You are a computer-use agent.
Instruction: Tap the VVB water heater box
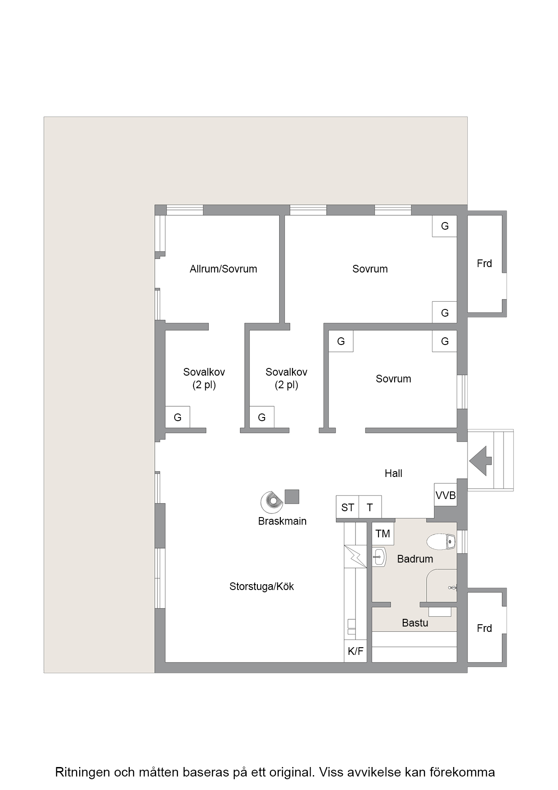[445, 495]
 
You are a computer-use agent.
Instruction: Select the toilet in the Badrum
[441, 542]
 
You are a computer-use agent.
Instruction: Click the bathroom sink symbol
[379, 557]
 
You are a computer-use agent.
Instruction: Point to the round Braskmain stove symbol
[272, 501]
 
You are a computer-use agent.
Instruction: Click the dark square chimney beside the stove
[292, 496]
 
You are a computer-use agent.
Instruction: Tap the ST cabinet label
[347, 508]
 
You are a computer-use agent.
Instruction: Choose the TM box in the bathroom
[383, 534]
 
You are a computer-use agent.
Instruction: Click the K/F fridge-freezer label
[355, 651]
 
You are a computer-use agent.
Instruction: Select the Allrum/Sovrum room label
[223, 269]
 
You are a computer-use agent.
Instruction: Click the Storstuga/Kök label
[261, 586]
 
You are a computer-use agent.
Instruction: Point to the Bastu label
[415, 623]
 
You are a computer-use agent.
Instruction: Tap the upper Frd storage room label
[484, 263]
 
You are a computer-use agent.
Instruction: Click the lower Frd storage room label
[484, 628]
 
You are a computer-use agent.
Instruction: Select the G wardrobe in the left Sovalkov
[178, 417]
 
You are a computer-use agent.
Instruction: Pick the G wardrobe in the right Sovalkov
[262, 417]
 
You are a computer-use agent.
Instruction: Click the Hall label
[393, 473]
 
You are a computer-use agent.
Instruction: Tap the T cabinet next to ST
[370, 508]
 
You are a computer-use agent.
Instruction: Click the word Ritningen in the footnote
[82, 772]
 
